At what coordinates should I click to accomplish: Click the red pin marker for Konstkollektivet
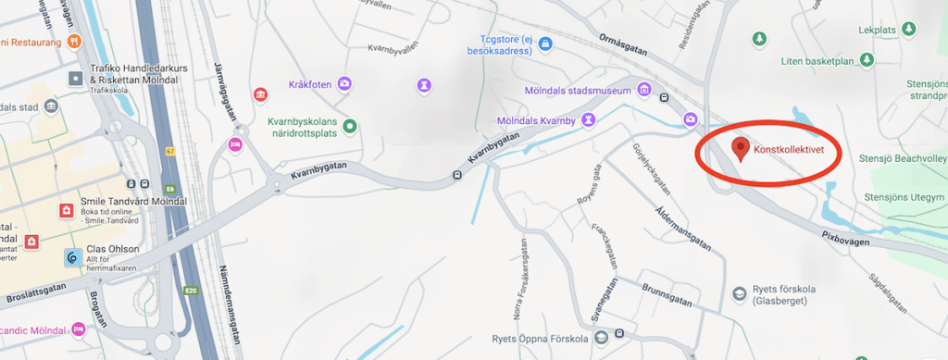[740, 148]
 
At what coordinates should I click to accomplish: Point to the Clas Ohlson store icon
[71, 257]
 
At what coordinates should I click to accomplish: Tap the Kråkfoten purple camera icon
[344, 84]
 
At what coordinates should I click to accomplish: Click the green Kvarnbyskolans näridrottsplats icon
[350, 126]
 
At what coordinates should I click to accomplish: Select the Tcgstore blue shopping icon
[545, 43]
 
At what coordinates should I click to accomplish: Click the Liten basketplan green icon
[867, 61]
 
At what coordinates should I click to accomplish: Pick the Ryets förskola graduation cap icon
[740, 293]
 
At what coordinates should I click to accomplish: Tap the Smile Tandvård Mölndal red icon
[66, 210]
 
